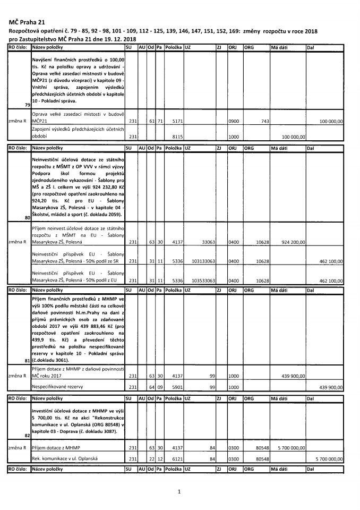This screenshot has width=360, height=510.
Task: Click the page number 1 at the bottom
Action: (179, 491)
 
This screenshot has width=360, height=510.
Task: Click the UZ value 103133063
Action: (202, 261)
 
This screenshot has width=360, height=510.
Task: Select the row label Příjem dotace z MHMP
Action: (54, 448)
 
